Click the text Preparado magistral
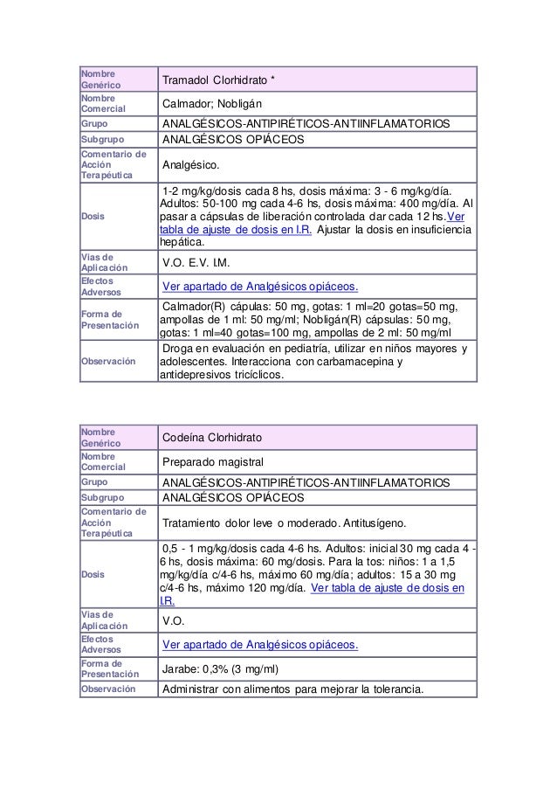tap(215, 461)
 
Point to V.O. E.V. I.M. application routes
tap(202, 264)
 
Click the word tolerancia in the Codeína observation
tap(393, 689)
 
